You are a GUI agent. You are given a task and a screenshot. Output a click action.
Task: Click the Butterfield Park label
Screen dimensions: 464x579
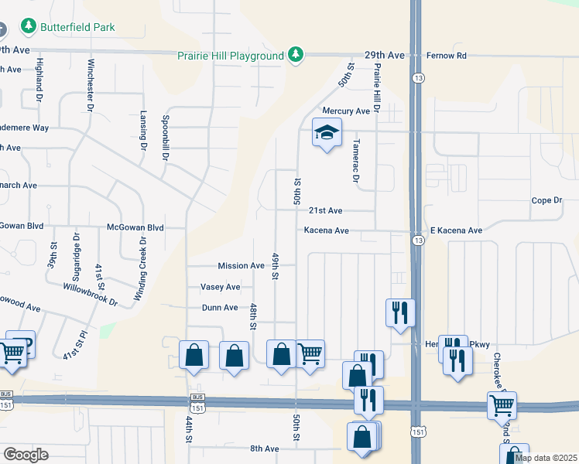[x=78, y=27]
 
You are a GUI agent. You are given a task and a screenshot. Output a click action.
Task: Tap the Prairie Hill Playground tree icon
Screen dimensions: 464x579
[x=295, y=55]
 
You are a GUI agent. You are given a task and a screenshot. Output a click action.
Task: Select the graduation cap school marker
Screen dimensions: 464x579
[x=327, y=134]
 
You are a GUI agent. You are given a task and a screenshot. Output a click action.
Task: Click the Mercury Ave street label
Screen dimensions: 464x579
[x=346, y=111]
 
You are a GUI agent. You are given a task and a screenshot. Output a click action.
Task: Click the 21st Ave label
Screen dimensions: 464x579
[x=325, y=210]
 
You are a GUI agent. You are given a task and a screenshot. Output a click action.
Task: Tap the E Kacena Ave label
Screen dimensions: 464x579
[x=456, y=230]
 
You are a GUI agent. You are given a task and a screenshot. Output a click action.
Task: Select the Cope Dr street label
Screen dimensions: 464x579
[x=546, y=200]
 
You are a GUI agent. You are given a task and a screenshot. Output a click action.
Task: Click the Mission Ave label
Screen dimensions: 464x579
[x=241, y=266]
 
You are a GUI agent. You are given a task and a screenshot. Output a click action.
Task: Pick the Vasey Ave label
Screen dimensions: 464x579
[x=221, y=287]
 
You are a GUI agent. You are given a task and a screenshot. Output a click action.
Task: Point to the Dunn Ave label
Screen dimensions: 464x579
[x=220, y=308]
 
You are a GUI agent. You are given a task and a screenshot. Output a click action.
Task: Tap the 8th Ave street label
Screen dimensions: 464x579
[x=264, y=449]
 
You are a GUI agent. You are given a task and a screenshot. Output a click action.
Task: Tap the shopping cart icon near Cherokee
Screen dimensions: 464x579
[x=501, y=404]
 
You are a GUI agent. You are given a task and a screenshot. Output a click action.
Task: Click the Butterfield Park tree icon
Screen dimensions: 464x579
[x=29, y=27]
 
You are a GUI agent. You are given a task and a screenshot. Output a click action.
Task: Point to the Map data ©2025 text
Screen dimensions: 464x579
[x=546, y=458]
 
